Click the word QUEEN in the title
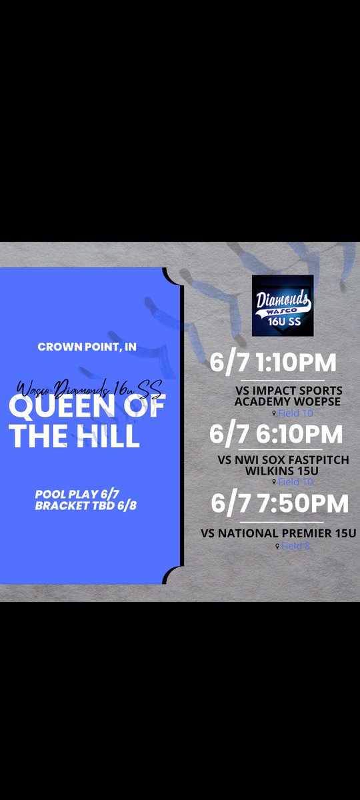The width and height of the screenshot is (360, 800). click(49, 409)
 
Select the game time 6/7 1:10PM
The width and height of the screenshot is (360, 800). click(274, 363)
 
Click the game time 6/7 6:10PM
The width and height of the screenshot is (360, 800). click(276, 434)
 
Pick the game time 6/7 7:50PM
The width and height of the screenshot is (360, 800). click(279, 503)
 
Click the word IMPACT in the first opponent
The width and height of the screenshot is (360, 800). click(263, 391)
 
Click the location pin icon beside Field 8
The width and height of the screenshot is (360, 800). click(277, 546)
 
